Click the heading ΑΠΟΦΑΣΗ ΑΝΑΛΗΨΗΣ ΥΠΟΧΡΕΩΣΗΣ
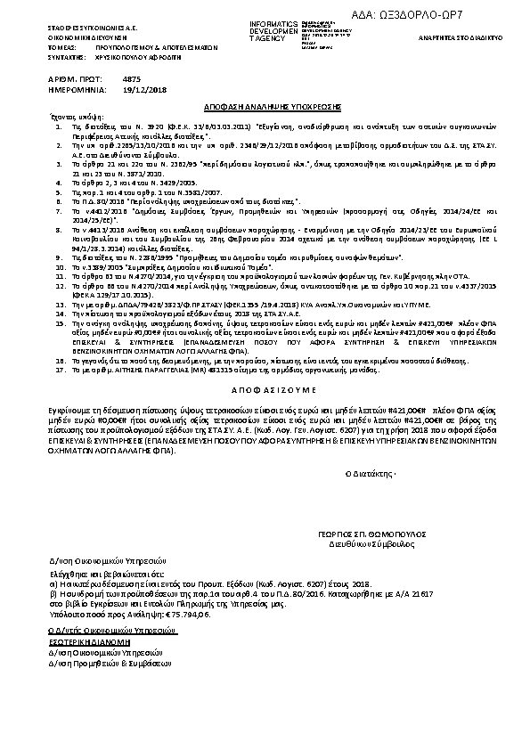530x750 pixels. (x=265, y=103)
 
